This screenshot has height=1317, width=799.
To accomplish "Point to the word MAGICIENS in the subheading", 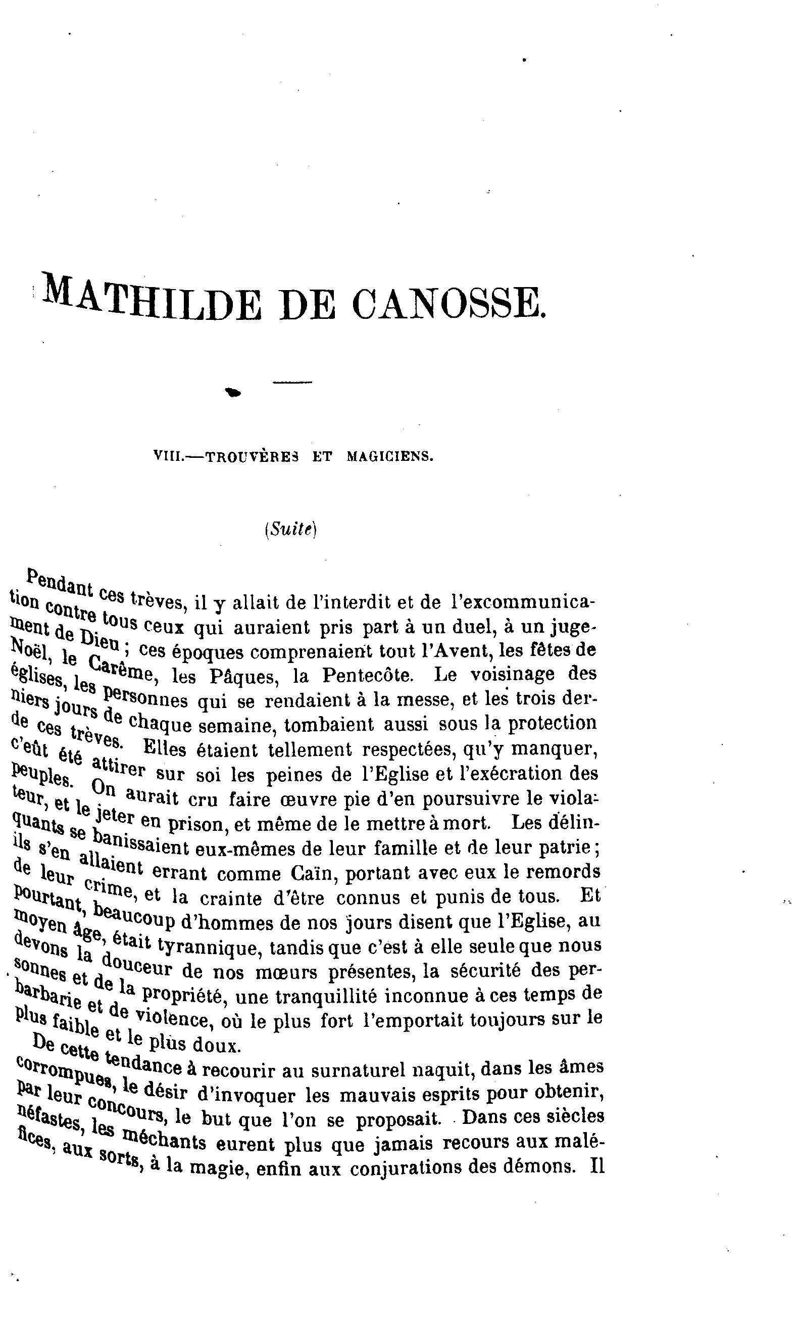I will click(389, 457).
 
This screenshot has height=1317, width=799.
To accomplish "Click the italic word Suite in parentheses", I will click(290, 529).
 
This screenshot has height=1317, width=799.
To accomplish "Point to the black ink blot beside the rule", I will click(233, 393).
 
